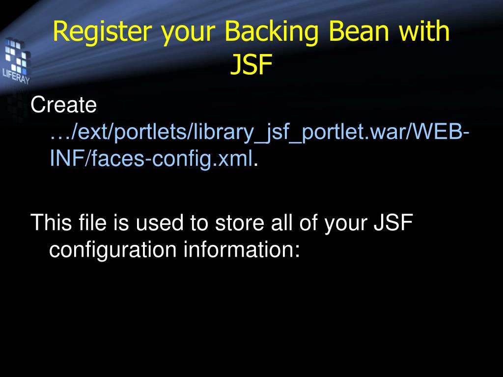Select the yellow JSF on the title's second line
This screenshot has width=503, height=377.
(251, 65)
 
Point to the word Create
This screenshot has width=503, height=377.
(63, 105)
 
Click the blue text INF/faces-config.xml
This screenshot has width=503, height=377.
(152, 159)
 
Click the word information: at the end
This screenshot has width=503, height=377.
(241, 249)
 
